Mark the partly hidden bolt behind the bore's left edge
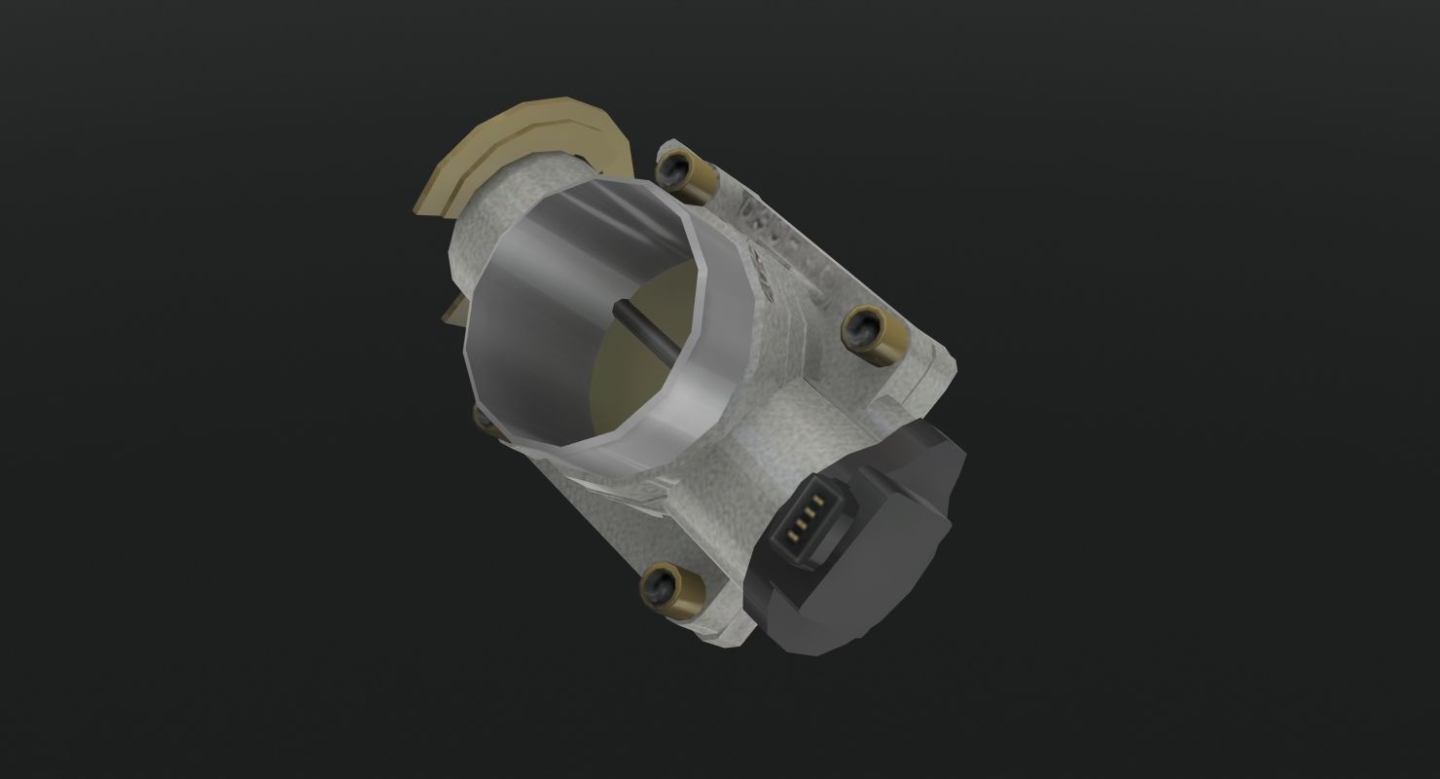(x=479, y=417)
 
